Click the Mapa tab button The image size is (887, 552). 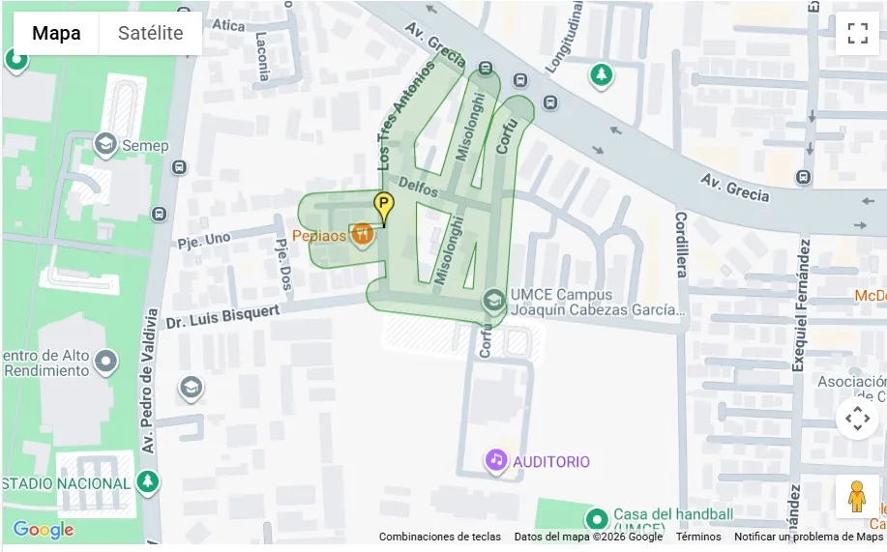click(x=56, y=33)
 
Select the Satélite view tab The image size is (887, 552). click(x=150, y=33)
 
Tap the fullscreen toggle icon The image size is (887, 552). click(x=857, y=34)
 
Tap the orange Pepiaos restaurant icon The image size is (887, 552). click(x=363, y=235)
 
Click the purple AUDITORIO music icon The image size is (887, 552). click(x=496, y=461)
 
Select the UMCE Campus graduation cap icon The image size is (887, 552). click(x=494, y=301)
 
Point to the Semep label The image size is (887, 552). click(x=145, y=146)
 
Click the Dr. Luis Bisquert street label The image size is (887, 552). click(x=222, y=316)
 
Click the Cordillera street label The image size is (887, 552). click(x=682, y=244)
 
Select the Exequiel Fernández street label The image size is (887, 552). click(x=799, y=303)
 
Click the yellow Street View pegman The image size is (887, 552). click(x=856, y=497)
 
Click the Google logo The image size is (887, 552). click(x=44, y=530)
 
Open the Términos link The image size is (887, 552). click(x=697, y=537)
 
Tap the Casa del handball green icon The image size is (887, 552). click(x=597, y=519)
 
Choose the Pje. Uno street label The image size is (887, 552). click(x=204, y=238)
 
